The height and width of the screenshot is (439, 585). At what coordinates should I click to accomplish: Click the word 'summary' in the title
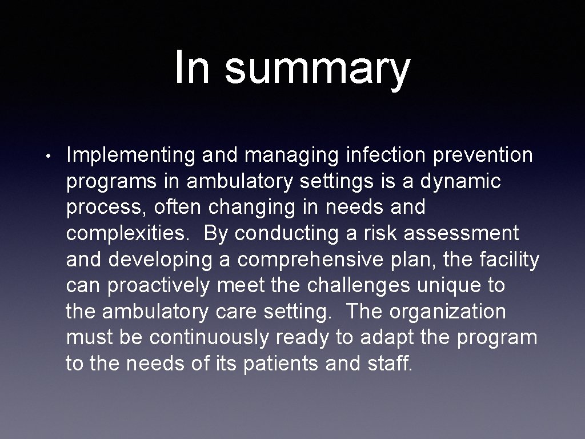pos(317,69)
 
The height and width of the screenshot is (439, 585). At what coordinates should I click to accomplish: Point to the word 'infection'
pos(372,155)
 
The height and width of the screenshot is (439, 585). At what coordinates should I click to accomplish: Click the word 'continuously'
pos(209,338)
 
